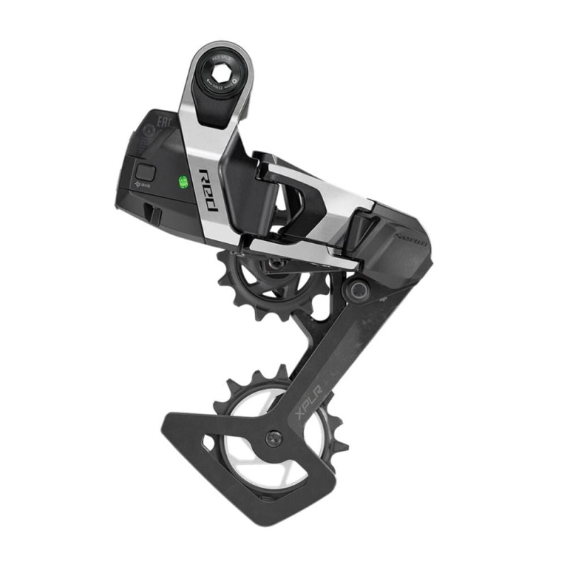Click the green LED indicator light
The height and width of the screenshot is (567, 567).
coord(183,182)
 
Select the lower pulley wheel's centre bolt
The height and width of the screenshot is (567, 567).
coord(274,439)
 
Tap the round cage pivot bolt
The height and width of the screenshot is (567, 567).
coord(356,289)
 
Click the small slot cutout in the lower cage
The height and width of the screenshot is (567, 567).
coord(207,443)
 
